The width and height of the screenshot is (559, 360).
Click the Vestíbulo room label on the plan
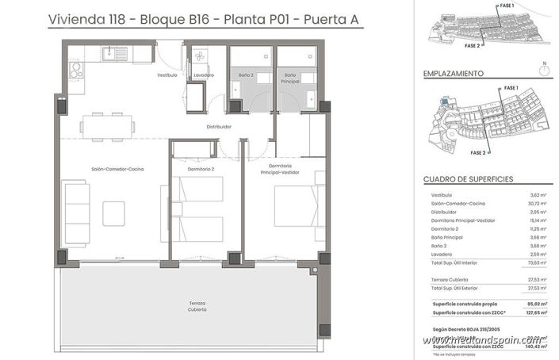[x=167, y=75]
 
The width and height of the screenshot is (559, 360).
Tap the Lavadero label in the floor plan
[x=204, y=75]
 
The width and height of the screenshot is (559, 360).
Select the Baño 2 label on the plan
[x=246, y=75]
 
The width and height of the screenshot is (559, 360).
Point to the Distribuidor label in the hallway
[x=219, y=126]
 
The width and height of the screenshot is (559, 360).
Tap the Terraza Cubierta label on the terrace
[x=197, y=307]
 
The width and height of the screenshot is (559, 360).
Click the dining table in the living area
[x=107, y=124]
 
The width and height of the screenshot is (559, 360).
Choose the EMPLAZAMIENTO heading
[x=454, y=73]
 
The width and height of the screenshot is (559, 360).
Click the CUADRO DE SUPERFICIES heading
[x=469, y=179]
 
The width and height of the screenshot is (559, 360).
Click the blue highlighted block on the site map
[x=442, y=101]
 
